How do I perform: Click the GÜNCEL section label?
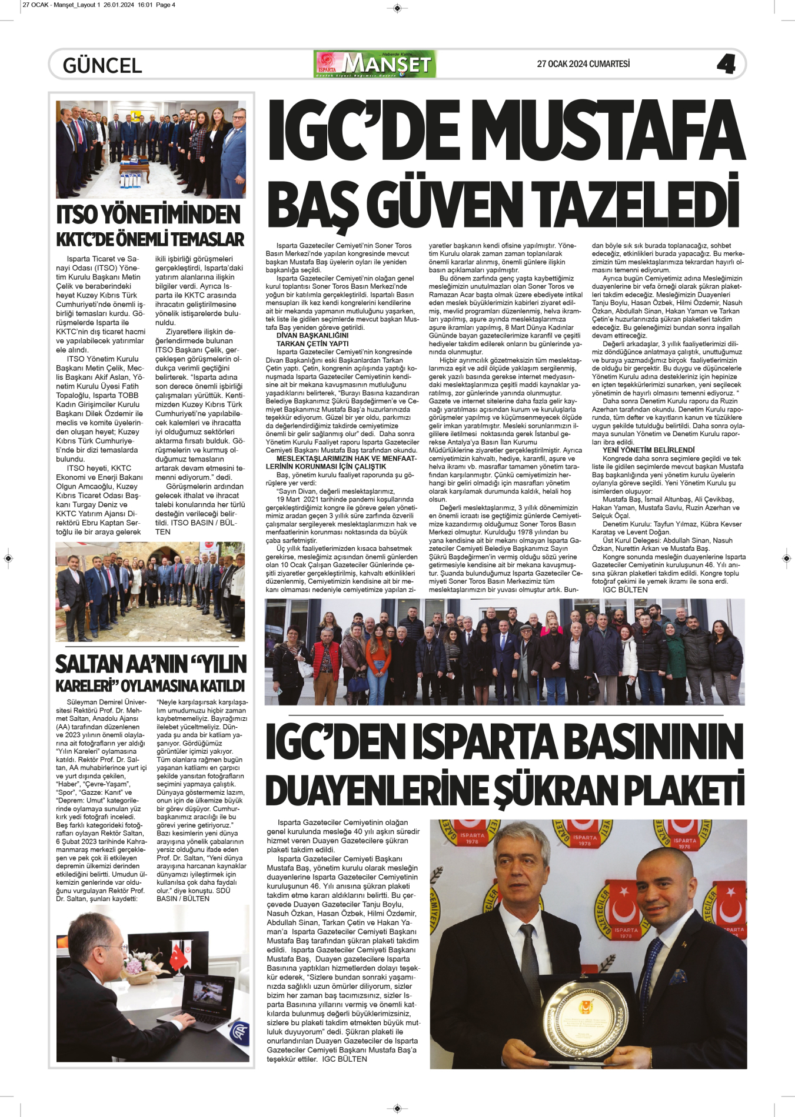click(x=102, y=65)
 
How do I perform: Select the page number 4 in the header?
click(x=726, y=64)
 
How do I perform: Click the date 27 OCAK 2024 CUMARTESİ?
click(x=583, y=64)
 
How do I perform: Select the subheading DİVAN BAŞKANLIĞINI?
click(x=312, y=336)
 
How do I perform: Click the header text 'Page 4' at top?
click(x=165, y=5)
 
